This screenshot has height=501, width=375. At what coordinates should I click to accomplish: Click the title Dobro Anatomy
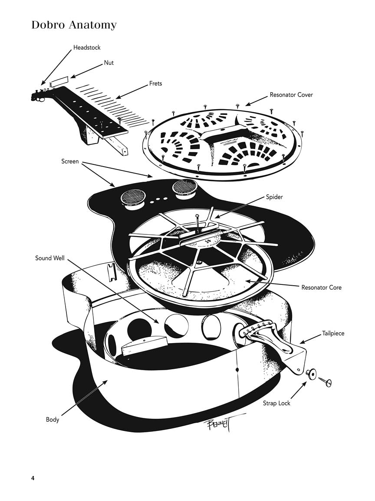click(74, 25)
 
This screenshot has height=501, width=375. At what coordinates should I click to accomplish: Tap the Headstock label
click(87, 47)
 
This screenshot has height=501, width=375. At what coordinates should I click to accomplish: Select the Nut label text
click(109, 63)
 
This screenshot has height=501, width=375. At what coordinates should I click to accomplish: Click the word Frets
click(155, 83)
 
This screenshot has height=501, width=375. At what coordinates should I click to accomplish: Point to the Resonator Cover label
click(291, 95)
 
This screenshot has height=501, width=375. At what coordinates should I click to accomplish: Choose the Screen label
click(70, 161)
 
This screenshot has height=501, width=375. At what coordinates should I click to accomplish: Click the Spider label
click(274, 197)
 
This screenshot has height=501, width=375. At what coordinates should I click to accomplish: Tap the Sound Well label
click(49, 258)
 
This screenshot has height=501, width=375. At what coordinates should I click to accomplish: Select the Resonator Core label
click(321, 287)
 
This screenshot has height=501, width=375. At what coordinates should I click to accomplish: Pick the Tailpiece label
click(333, 334)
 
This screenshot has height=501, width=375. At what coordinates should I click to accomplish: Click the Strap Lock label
click(276, 403)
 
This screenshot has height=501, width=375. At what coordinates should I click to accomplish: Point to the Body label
click(53, 420)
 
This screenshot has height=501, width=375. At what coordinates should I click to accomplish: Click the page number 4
click(33, 478)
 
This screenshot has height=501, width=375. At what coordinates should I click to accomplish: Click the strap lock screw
click(325, 381)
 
